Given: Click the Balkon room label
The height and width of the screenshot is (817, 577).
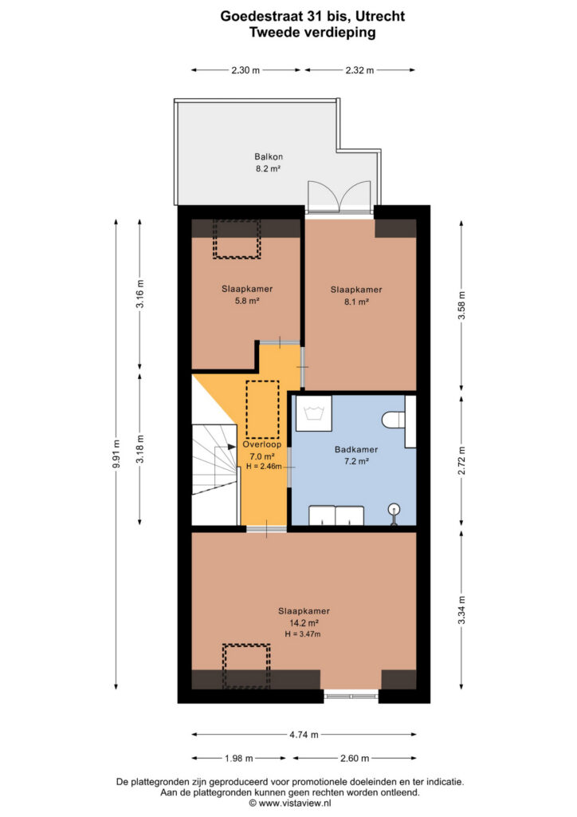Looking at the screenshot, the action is tap(269, 156).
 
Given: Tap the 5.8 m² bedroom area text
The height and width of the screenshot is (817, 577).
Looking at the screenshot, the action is tap(247, 301).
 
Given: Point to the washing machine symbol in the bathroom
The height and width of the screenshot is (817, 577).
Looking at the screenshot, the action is tap(314, 413).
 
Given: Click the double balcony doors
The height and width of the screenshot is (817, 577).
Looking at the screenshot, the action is tap(340, 196).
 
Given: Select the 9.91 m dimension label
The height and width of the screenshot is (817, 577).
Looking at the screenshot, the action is tap(116, 454).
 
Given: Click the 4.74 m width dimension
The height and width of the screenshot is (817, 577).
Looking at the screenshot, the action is tap(304, 735).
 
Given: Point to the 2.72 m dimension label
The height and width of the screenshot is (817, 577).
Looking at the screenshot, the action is tap(461, 460).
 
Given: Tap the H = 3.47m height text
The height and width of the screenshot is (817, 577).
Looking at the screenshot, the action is tap(303, 634).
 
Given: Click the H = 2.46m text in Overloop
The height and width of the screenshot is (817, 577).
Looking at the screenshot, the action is tap(264, 466).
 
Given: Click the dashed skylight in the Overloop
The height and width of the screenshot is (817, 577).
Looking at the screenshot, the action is tap(262, 409).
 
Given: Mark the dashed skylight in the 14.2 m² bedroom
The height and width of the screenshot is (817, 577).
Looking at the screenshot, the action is tap(246, 666).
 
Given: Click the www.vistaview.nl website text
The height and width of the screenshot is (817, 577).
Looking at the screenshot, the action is tap(295, 803).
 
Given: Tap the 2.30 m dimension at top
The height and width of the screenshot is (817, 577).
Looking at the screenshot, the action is tap(245, 70).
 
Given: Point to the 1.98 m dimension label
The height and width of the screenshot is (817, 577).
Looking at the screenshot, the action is tap(239, 758).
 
